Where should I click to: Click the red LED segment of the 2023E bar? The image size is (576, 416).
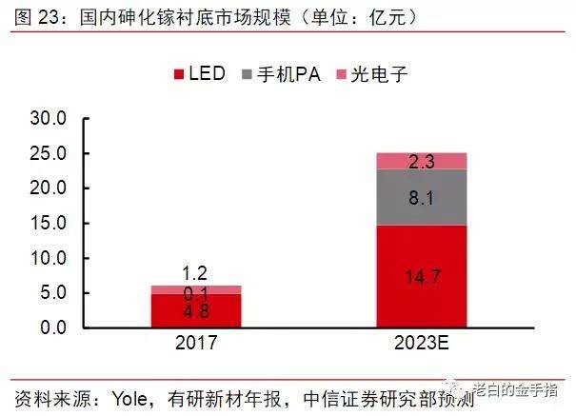pos(422,276)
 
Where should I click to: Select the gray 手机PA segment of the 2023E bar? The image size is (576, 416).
pos(422,197)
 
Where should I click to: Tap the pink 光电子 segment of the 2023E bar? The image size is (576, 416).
pos(422,161)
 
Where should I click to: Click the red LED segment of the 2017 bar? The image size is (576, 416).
pos(196,310)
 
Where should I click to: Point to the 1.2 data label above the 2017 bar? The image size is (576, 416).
pos(194,273)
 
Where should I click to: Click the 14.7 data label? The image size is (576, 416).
pos(423,276)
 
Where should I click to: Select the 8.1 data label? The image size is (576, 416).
pos(422,198)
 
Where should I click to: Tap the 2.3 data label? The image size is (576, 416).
pos(422,162)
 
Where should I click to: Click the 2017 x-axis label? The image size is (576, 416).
pos(196,343)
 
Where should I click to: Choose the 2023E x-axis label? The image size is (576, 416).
pos(422,343)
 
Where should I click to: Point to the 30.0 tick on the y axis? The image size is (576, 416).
pos(49,118)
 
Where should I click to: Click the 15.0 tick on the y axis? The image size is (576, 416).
pos(49,223)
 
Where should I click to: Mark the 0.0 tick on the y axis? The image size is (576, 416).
pos(53,327)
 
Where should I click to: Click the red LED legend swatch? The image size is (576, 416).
pos(179,74)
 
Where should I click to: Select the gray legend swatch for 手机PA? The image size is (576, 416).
pos(247,74)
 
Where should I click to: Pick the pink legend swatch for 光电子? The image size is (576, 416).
pos(341,74)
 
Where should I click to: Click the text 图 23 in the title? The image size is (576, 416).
pos(36,17)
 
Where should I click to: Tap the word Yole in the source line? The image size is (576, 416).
pos(129,399)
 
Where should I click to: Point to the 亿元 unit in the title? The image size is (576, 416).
pos(388,17)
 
